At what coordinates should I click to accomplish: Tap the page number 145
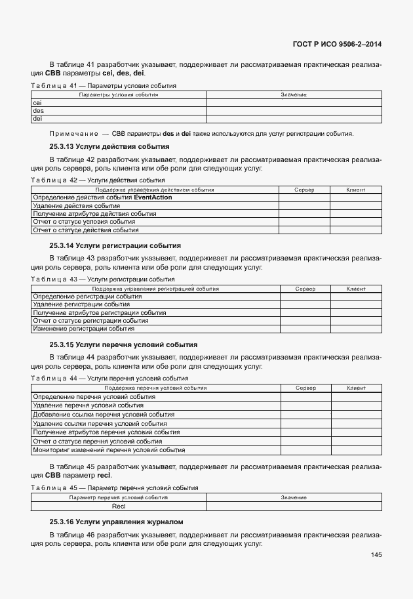pyautogui.click(x=376, y=555)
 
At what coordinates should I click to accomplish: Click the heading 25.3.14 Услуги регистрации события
pyautogui.click(x=115, y=245)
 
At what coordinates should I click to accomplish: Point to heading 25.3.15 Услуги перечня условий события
pyautogui.click(x=123, y=344)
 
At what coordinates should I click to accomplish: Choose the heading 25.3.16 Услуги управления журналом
pyautogui.click(x=116, y=522)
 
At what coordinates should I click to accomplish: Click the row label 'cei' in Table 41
pyautogui.click(x=37, y=103)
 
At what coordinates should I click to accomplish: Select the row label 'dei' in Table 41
pyautogui.click(x=37, y=119)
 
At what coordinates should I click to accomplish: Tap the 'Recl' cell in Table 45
pyautogui.click(x=119, y=506)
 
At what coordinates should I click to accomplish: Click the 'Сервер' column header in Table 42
pyautogui.click(x=304, y=190)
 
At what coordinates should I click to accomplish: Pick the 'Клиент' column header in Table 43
pyautogui.click(x=356, y=289)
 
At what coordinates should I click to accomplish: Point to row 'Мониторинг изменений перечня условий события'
pyautogui.click(x=109, y=450)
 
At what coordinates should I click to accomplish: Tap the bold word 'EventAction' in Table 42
pyautogui.click(x=153, y=197)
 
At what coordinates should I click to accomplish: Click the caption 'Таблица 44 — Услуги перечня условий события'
pyautogui.click(x=109, y=379)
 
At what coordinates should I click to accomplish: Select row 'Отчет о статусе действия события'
pyautogui.click(x=85, y=230)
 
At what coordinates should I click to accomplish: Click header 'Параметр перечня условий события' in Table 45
pyautogui.click(x=119, y=498)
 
